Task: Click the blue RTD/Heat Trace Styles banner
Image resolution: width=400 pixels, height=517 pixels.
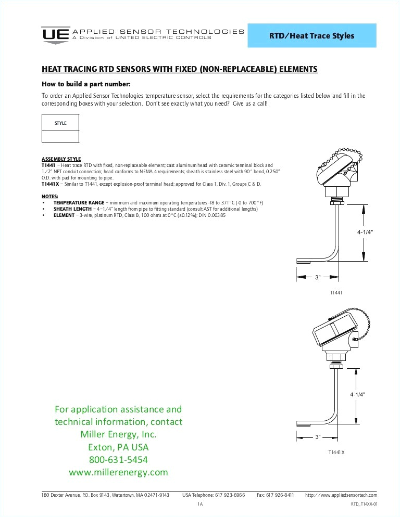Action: pos(311,36)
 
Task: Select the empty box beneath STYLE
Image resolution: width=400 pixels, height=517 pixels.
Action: pos(60,137)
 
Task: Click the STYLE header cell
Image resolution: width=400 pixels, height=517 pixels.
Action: pos(60,123)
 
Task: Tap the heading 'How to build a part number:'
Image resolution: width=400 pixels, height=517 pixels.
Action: pos(85,84)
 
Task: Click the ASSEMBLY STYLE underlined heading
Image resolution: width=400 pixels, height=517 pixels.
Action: pos(61,159)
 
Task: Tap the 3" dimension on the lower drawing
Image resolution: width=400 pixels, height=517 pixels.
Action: pos(318,437)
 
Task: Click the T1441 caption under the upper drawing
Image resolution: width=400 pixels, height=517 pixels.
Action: pos(336,293)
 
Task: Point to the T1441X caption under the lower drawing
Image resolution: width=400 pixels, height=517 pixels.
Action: pos(336,453)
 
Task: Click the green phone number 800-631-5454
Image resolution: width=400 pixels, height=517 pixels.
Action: pos(119,460)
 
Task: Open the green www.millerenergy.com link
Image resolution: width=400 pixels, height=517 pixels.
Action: pos(119,472)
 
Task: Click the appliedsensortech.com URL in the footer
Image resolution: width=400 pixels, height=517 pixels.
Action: pos(341,495)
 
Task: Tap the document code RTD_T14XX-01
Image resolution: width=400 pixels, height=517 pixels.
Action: pos(364,505)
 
